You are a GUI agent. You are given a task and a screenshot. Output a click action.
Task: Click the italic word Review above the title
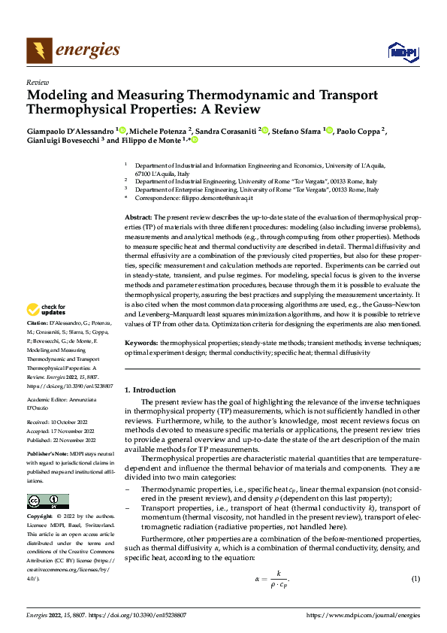pos(37,82)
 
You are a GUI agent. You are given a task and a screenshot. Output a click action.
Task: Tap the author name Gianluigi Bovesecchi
pos(62,140)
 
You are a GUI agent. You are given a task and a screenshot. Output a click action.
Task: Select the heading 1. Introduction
pos(150,390)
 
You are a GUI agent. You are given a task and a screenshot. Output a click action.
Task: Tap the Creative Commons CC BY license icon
pos(47,501)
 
